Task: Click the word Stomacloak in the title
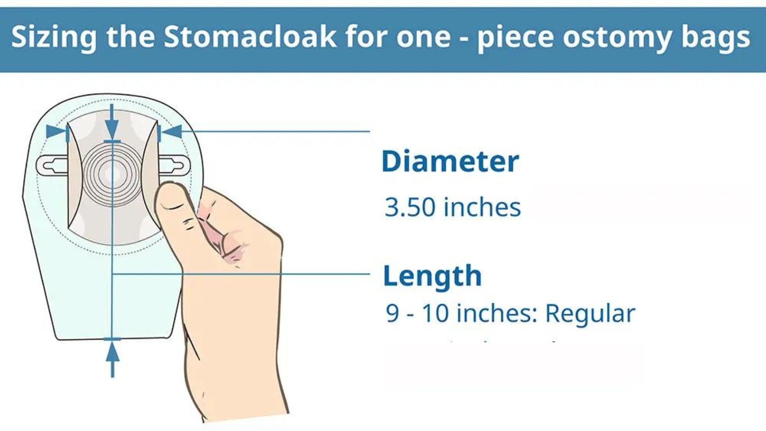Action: pos(250,37)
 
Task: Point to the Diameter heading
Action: pos(450,161)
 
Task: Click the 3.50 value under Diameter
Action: pos(410,207)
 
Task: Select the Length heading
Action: pos(432,276)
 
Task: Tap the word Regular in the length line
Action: pos(590,313)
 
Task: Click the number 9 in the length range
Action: pos(392,313)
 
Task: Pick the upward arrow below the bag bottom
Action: pos(113,357)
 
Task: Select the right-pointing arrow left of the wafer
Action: pos(56,131)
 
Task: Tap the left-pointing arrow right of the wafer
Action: pos(172,132)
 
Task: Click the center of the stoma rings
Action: pos(112,174)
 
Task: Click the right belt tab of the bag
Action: pos(174,165)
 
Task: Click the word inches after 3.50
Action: pos(482,207)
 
